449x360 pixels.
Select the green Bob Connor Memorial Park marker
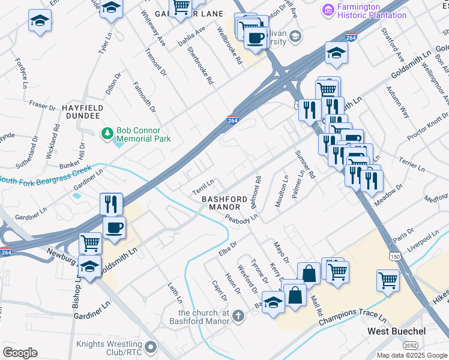[107, 132]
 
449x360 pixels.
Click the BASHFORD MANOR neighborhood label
[224, 203]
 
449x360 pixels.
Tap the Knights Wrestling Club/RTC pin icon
[150, 347]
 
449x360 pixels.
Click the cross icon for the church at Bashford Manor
[238, 316]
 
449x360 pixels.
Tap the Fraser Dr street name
[42, 105]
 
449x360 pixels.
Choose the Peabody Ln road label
[242, 218]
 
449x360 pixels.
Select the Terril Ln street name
[203, 187]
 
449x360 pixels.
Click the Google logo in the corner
[20, 353]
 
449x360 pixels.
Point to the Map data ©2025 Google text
[411, 355]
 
